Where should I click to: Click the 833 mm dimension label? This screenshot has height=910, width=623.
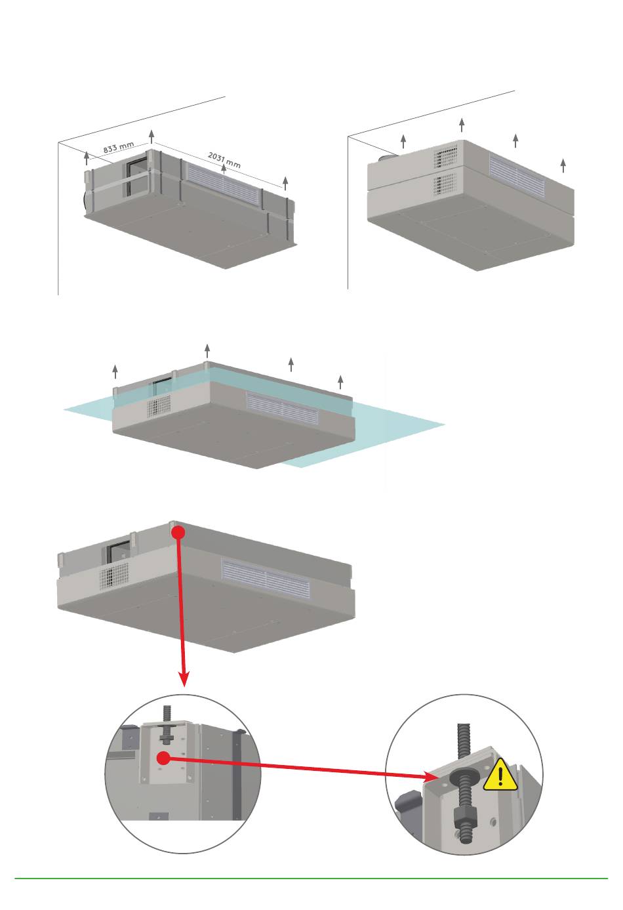point(119,148)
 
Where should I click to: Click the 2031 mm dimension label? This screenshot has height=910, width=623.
point(224,159)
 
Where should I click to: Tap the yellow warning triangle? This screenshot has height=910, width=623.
point(501,775)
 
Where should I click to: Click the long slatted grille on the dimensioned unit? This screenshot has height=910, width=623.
point(222,182)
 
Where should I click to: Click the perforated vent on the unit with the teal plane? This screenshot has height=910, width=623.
point(158,406)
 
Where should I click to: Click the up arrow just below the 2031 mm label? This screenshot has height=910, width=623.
point(224,170)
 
